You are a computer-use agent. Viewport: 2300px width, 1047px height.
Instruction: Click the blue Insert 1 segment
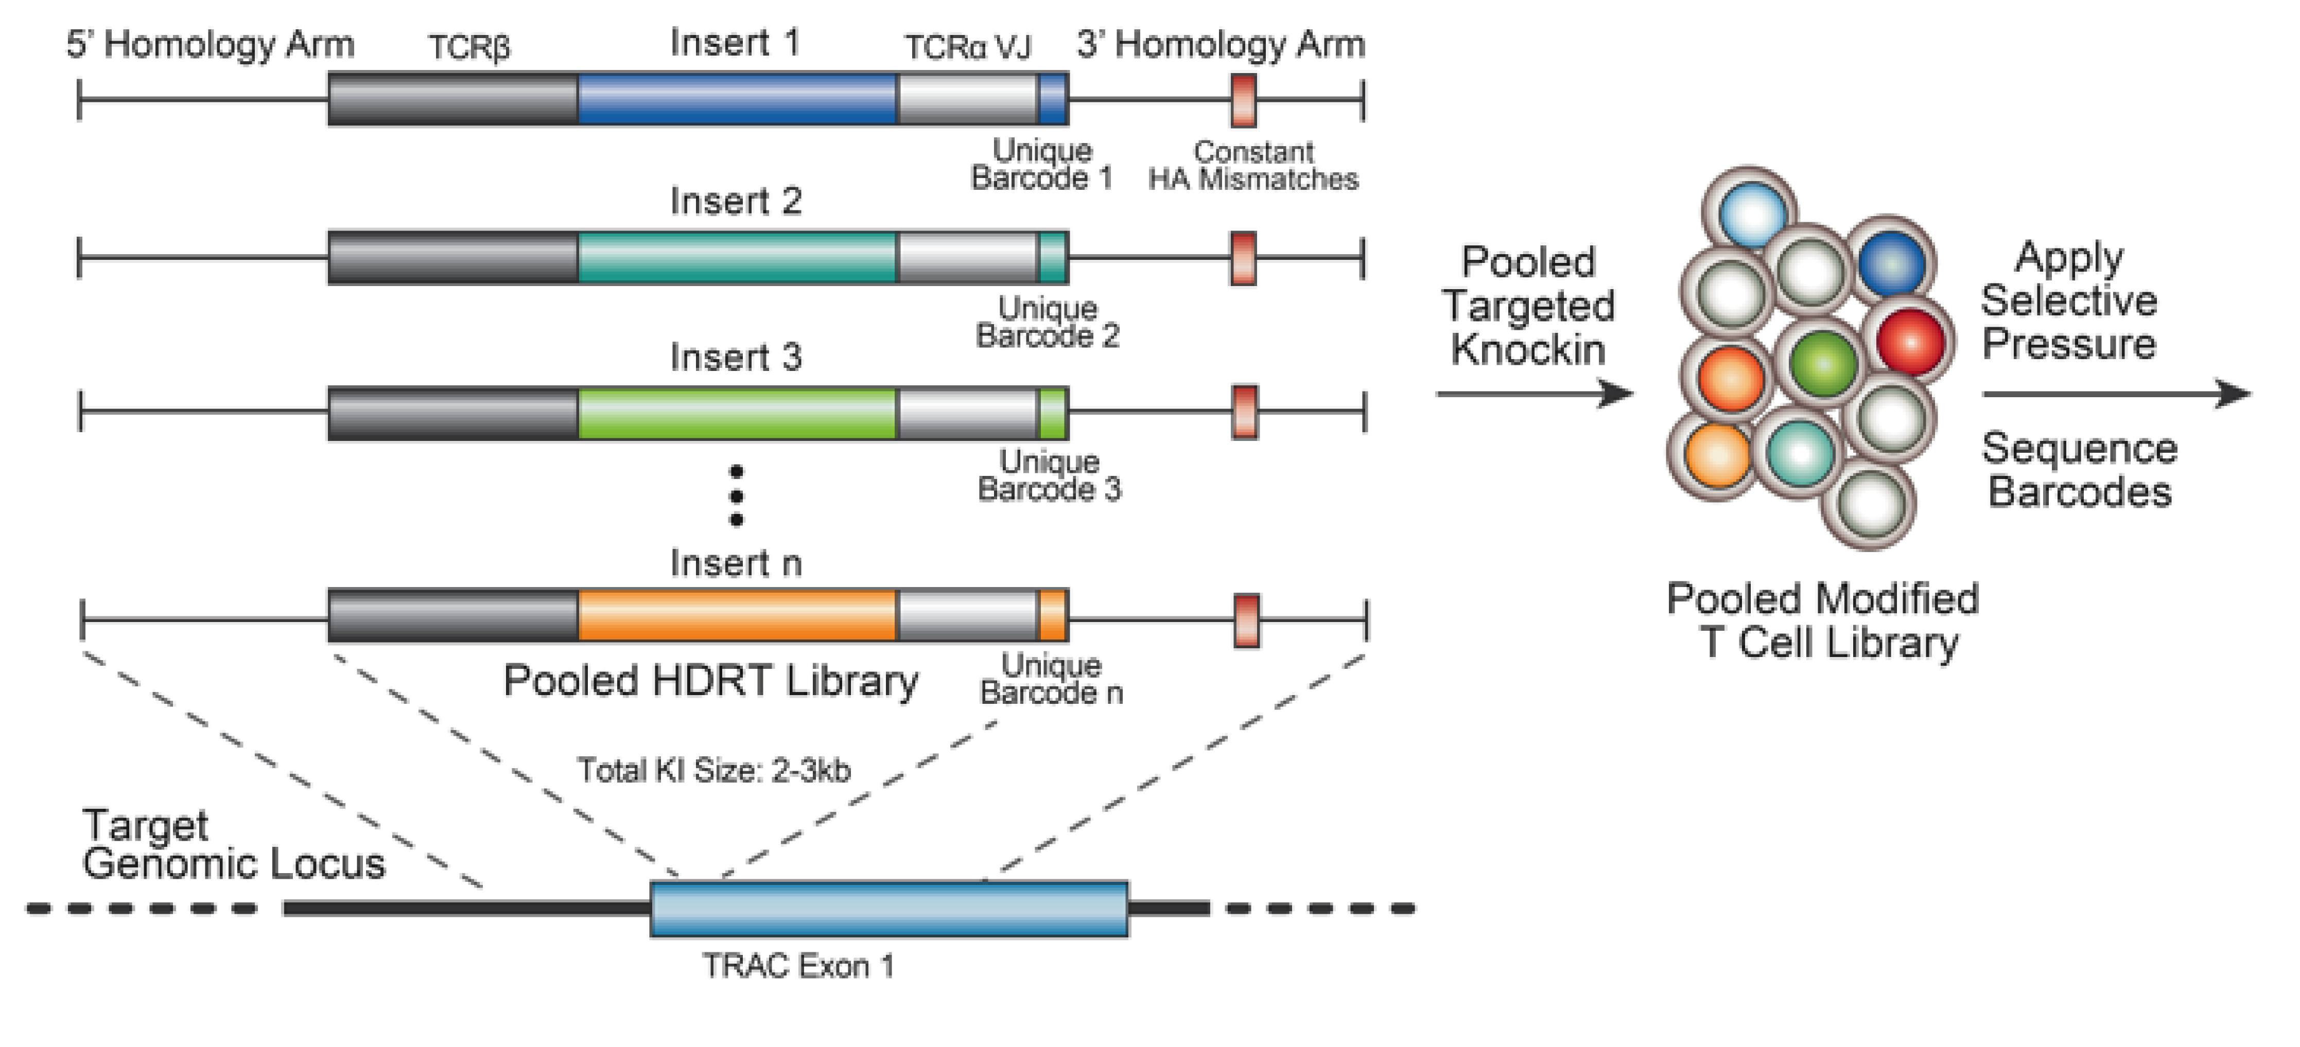[x=737, y=99]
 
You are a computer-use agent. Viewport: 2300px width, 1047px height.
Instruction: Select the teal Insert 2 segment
[x=737, y=258]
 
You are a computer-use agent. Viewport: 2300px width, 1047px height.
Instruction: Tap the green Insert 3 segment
[x=737, y=413]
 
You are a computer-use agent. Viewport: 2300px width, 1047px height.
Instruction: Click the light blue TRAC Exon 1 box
[x=888, y=909]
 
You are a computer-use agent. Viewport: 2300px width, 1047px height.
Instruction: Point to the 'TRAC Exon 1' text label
[x=797, y=966]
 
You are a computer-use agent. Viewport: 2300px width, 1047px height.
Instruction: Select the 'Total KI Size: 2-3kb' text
[x=713, y=769]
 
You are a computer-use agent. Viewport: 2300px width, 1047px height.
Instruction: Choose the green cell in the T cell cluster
[x=1823, y=362]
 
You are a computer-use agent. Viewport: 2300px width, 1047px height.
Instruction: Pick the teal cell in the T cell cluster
[x=1800, y=453]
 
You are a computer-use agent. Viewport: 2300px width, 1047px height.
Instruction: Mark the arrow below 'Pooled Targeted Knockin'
[x=1534, y=393]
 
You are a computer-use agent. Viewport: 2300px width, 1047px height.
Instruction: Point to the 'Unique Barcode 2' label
[x=1048, y=322]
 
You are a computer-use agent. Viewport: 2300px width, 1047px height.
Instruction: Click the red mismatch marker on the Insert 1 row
[x=1243, y=100]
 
